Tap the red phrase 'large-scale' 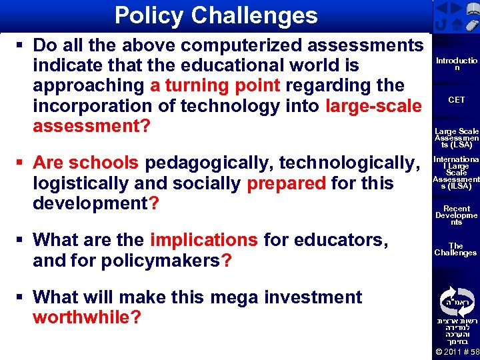pos(374,105)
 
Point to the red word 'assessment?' pos(91,125)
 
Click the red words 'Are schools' pos(86,163)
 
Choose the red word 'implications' pos(204,239)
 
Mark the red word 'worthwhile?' pos(87,317)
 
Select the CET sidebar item pos(457,100)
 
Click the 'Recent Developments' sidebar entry pos(457,215)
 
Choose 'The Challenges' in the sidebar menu pos(457,249)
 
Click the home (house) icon pos(457,25)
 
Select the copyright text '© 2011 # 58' pos(457,352)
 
